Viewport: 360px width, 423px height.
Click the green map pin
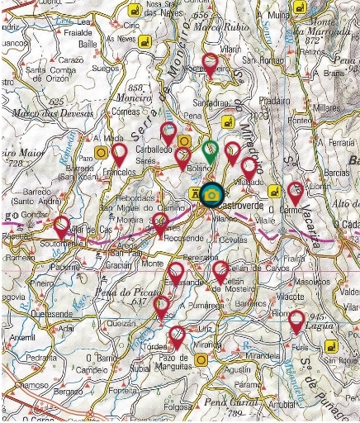point(211,150)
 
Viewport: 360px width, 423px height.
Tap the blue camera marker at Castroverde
point(212,194)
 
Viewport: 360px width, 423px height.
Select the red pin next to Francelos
point(120,153)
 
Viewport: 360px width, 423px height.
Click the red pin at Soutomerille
point(62,225)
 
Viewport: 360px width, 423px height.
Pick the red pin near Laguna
point(296,321)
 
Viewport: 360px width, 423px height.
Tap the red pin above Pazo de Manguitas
point(177,335)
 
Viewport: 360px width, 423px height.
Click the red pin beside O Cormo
point(295,192)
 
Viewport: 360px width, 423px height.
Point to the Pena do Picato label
point(128,293)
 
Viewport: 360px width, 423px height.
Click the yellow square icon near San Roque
point(330,346)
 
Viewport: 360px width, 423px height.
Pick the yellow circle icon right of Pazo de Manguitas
point(201,359)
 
